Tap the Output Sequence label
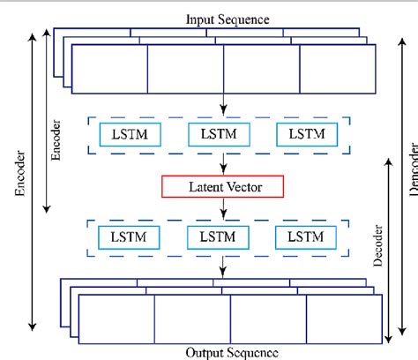tap(233, 352)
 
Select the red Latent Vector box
tap(222, 186)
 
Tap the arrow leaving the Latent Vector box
tap(223, 206)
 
